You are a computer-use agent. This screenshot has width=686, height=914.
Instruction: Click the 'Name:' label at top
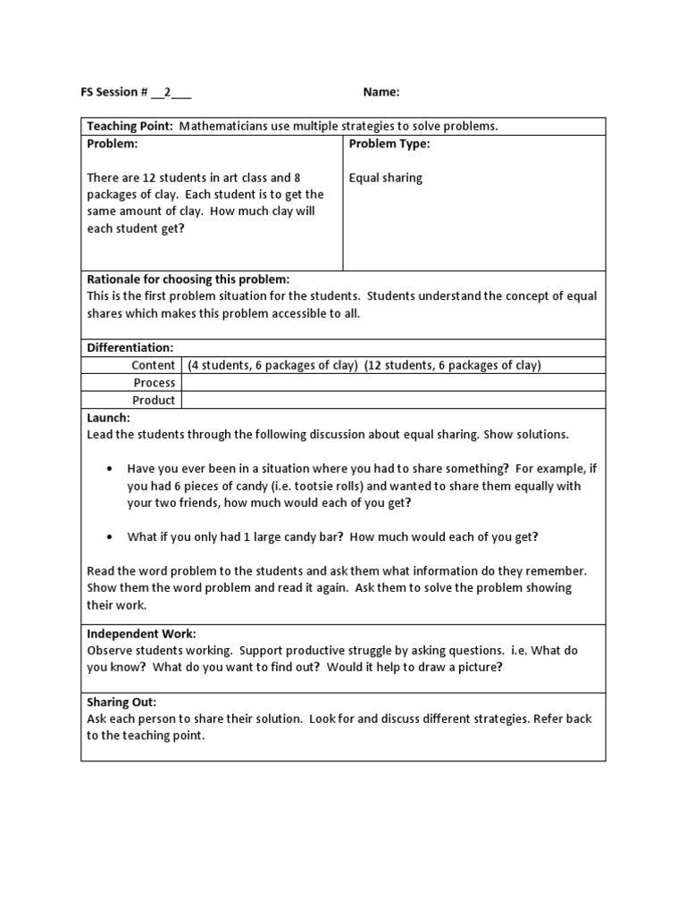coord(381,92)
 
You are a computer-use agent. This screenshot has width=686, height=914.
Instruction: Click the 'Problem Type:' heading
coord(389,144)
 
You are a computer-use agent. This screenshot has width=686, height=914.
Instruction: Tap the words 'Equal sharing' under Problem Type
coord(385,178)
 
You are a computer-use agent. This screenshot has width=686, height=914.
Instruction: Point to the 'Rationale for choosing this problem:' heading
coord(188,279)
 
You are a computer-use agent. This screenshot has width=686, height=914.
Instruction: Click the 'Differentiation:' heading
coord(130,347)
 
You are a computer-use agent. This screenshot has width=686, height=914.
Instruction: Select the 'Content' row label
coord(154,365)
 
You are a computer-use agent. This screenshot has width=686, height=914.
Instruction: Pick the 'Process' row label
coord(154,382)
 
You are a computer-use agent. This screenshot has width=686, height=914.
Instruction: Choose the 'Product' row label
coord(154,400)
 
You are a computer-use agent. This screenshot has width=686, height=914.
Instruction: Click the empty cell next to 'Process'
coord(393,382)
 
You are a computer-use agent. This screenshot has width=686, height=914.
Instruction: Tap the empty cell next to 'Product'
coord(393,400)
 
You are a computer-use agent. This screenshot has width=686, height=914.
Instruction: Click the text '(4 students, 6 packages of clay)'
coord(272,365)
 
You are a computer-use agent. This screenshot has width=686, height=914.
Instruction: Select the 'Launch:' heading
coord(108,417)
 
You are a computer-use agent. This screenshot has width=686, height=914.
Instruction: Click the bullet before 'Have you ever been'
coord(109,469)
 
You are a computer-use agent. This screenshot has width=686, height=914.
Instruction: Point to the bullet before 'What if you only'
coord(109,537)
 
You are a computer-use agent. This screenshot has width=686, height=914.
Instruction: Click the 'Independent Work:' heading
coord(141,634)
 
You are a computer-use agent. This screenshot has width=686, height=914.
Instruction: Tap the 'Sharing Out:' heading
coord(121,702)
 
